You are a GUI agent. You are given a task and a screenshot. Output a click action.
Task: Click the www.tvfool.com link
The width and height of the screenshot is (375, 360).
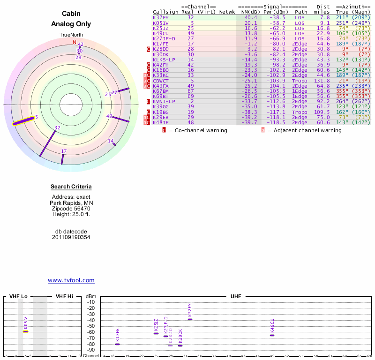click(x=71, y=280)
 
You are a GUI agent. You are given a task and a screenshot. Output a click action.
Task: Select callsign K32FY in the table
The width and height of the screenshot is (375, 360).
click(x=161, y=17)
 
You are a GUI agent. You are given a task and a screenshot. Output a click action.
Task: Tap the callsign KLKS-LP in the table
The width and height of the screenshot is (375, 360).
click(x=164, y=60)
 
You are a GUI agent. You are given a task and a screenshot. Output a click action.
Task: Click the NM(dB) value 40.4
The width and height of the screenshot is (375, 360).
click(x=251, y=17)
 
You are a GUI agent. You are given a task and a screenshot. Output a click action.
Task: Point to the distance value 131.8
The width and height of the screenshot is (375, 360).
click(x=322, y=81)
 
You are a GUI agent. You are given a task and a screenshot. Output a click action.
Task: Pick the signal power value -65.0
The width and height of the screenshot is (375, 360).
click(x=277, y=33)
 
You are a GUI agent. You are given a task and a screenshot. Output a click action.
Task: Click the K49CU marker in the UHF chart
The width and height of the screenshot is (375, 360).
click(x=272, y=335)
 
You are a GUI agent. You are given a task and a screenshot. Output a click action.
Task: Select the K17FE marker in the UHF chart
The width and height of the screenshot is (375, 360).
click(x=117, y=344)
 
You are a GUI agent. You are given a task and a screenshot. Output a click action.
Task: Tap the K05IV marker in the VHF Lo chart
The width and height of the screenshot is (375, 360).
click(x=26, y=331)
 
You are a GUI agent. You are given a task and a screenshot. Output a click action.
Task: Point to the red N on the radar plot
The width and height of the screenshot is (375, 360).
click(x=74, y=42)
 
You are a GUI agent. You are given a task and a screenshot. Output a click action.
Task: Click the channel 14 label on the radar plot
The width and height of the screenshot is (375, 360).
click(x=111, y=141)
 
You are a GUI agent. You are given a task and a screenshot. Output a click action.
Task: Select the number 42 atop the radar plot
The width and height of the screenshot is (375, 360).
click(x=81, y=45)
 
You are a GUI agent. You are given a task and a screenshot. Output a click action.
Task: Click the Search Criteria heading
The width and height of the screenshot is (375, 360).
click(x=71, y=187)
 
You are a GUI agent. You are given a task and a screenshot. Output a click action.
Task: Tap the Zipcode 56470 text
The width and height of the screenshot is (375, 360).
click(x=71, y=209)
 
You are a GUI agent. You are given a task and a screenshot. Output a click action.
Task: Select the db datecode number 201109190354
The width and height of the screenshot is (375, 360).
click(x=71, y=237)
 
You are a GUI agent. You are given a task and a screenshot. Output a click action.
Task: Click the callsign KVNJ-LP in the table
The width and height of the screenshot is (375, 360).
click(x=164, y=101)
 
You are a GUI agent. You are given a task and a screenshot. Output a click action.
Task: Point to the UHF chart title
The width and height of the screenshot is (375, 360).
click(x=235, y=297)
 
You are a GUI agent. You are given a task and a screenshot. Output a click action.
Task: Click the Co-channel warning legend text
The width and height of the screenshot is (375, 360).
click(x=198, y=130)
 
